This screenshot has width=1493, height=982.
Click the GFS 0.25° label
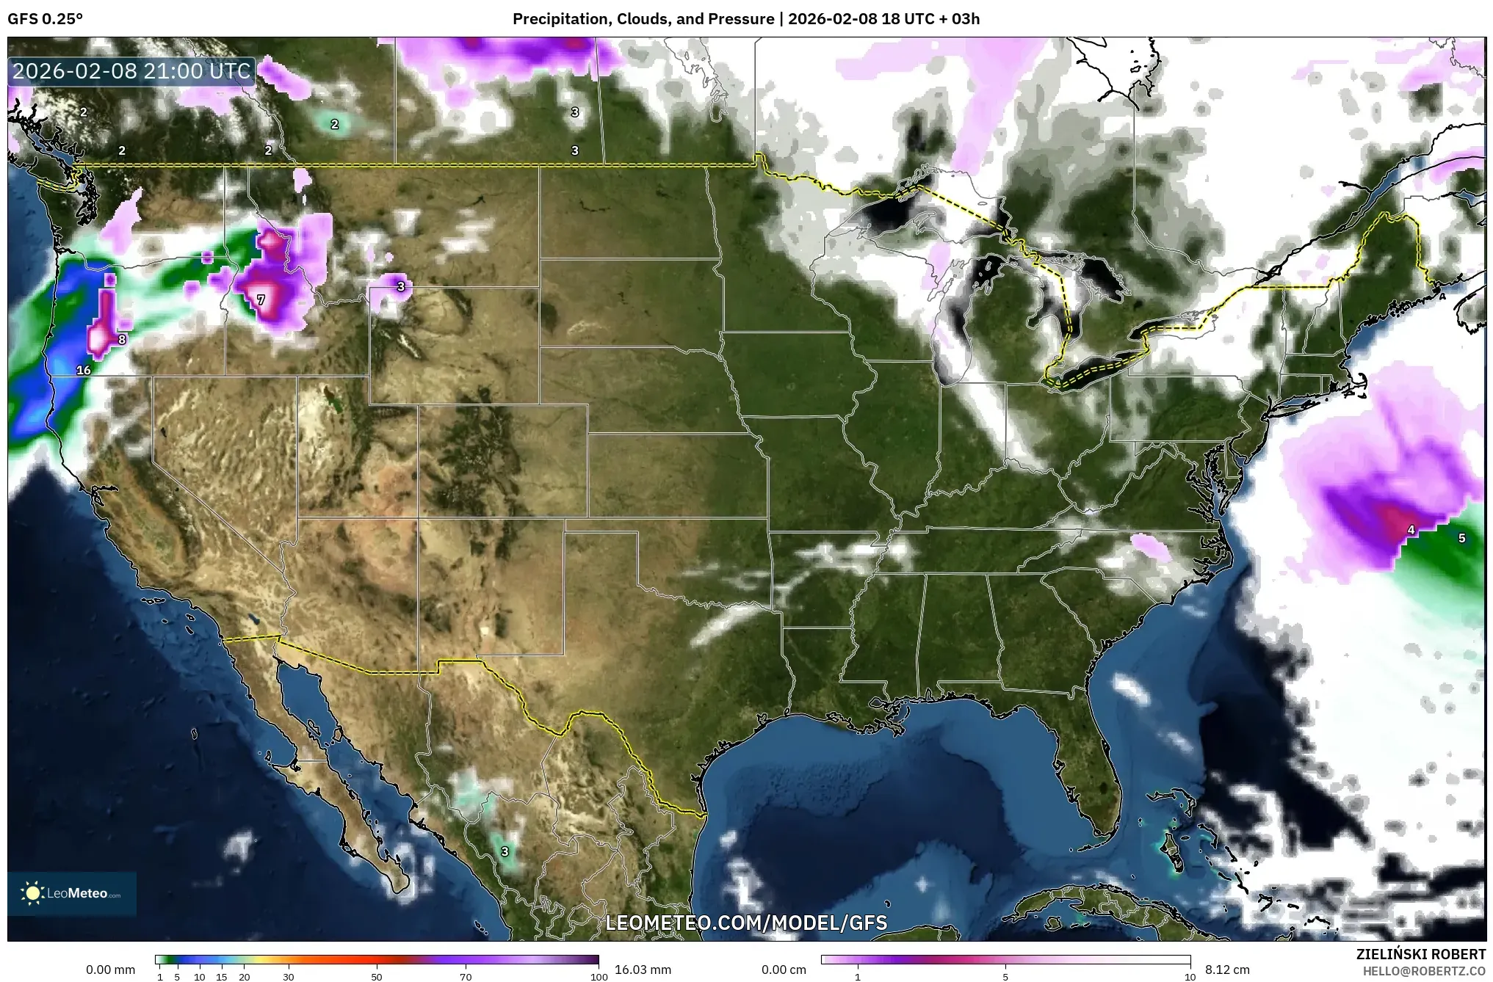[46, 19]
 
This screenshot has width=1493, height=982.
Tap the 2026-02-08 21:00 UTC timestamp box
[132, 71]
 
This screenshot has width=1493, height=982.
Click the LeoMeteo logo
[72, 893]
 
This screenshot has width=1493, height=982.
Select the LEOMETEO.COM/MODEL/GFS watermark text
[746, 923]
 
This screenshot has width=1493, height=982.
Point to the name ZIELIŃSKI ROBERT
[1421, 954]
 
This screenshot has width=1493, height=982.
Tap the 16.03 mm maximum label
[643, 970]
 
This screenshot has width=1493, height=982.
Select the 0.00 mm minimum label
[110, 970]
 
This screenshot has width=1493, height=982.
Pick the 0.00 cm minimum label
[784, 970]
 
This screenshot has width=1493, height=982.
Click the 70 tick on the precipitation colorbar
[466, 977]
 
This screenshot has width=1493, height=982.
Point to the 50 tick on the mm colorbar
[377, 977]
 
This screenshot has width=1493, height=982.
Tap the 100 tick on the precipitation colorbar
[599, 977]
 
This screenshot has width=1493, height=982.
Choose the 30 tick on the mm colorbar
[289, 977]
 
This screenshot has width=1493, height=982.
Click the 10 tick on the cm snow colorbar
[1190, 977]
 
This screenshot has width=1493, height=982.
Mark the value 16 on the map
[84, 370]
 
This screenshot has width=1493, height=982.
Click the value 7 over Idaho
[261, 299]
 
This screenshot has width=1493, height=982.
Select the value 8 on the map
[122, 339]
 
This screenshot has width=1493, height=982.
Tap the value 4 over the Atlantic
[1411, 530]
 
